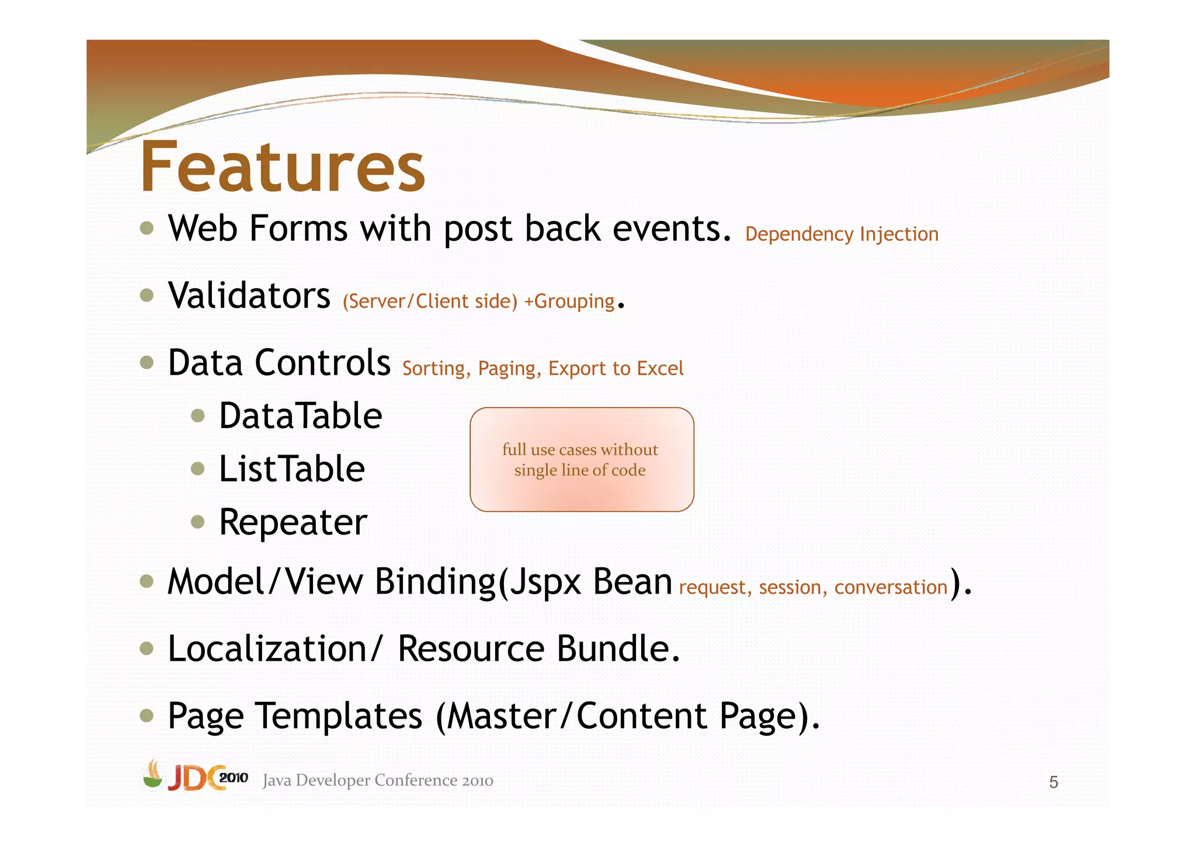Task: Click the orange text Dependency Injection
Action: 842,234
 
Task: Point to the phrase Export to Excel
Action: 616,369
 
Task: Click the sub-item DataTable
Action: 300,416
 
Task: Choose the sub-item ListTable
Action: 291,469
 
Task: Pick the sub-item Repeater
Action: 293,522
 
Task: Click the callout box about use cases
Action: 582,460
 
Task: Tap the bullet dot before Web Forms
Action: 147,228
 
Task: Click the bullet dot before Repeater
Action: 198,521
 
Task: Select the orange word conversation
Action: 891,587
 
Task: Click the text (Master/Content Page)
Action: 628,716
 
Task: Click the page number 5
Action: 1053,782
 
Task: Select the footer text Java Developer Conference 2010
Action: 378,781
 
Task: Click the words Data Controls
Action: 279,362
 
